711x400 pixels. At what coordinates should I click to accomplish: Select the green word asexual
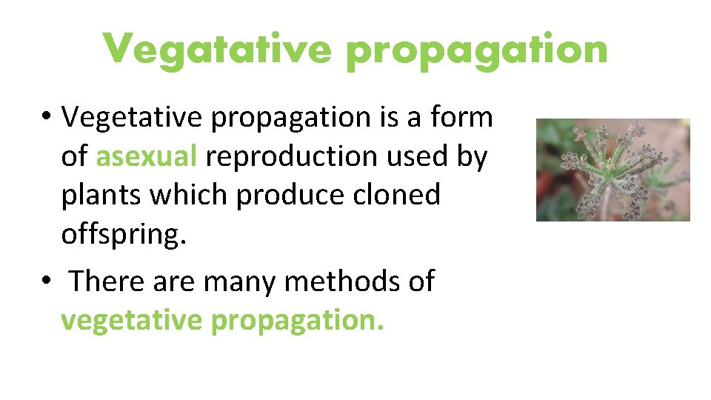tap(147, 156)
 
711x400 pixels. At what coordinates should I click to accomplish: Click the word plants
tap(101, 196)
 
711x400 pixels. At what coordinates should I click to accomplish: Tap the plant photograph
tap(612, 170)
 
